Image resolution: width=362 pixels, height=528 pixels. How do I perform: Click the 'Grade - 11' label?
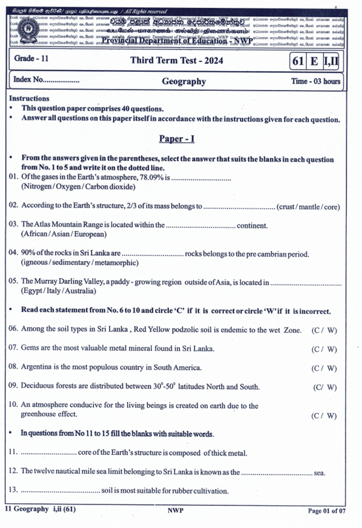pyautogui.click(x=33, y=59)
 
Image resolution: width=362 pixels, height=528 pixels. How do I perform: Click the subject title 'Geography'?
pyautogui.click(x=183, y=82)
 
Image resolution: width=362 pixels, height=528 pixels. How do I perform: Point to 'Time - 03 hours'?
pyautogui.click(x=316, y=82)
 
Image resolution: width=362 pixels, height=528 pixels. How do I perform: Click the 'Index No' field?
pyautogui.click(x=46, y=81)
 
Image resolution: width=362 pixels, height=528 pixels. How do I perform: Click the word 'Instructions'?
pyautogui.click(x=30, y=99)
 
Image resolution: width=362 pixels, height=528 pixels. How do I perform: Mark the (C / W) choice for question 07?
pyautogui.click(x=324, y=349)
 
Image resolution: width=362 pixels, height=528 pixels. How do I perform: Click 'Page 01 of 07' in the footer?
pyautogui.click(x=331, y=510)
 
